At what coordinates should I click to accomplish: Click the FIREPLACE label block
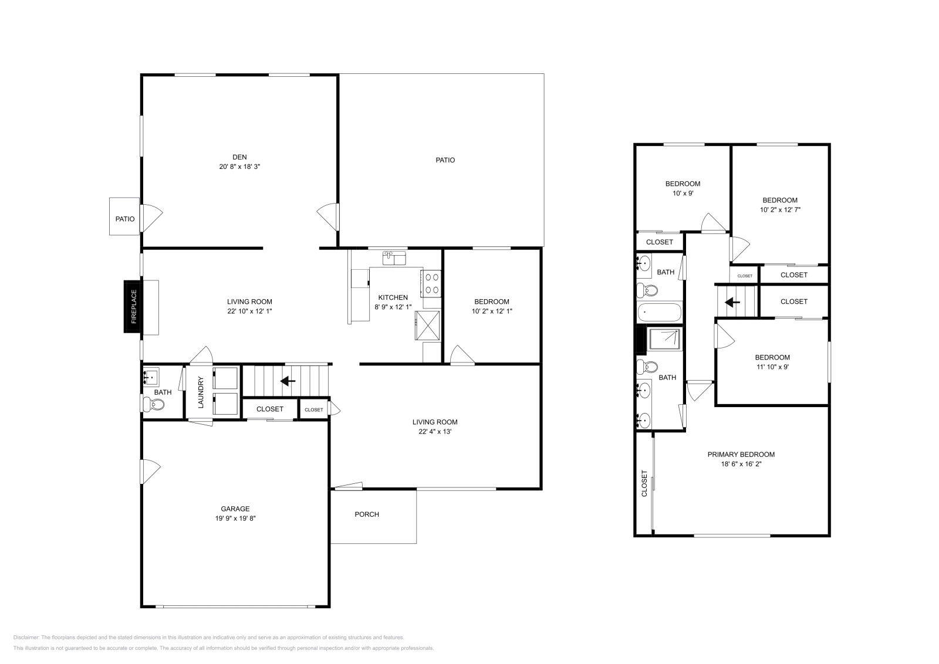coord(133,307)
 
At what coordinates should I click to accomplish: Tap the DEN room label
coord(239,157)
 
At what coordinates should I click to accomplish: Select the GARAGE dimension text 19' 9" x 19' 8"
coord(235,518)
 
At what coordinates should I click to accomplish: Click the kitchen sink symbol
coord(394,258)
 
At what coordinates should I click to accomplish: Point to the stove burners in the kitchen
coord(433,283)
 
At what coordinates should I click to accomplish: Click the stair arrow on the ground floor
coord(288,381)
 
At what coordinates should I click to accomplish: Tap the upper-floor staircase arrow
coord(731,303)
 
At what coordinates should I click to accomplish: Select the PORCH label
coord(367,514)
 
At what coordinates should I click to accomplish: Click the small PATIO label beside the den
coord(124,219)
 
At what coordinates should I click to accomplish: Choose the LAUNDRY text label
coord(201,392)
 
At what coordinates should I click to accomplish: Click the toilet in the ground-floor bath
coord(154,404)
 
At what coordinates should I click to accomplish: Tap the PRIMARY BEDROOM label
coord(741,454)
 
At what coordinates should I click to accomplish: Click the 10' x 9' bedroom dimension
coord(683,193)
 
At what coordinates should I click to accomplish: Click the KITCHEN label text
coord(393,297)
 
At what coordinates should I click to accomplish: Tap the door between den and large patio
coord(329,217)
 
